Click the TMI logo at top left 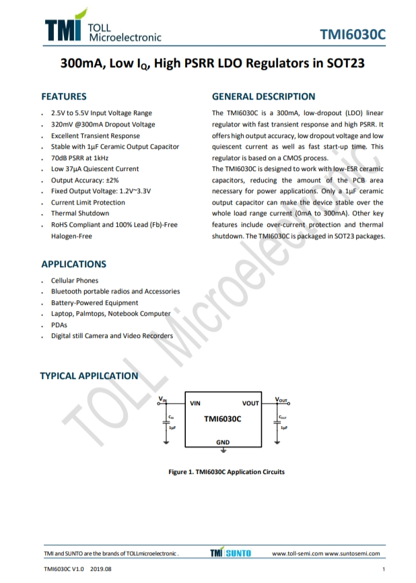tap(63, 28)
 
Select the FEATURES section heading tap(64, 96)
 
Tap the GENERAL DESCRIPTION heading tap(263, 96)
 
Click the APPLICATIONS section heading tap(73, 264)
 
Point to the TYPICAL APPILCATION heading tap(89, 376)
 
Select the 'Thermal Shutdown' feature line tap(80, 213)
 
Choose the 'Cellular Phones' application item tap(75, 280)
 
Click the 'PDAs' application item tap(59, 324)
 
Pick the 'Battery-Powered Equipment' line tap(94, 302)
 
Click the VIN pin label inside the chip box tap(196, 403)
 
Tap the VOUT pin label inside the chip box tap(250, 403)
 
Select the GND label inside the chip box tap(223, 442)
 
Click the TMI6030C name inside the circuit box tap(223, 419)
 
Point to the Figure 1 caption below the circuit tap(226, 471)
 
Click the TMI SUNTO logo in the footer tap(230, 553)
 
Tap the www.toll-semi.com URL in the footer tap(297, 553)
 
